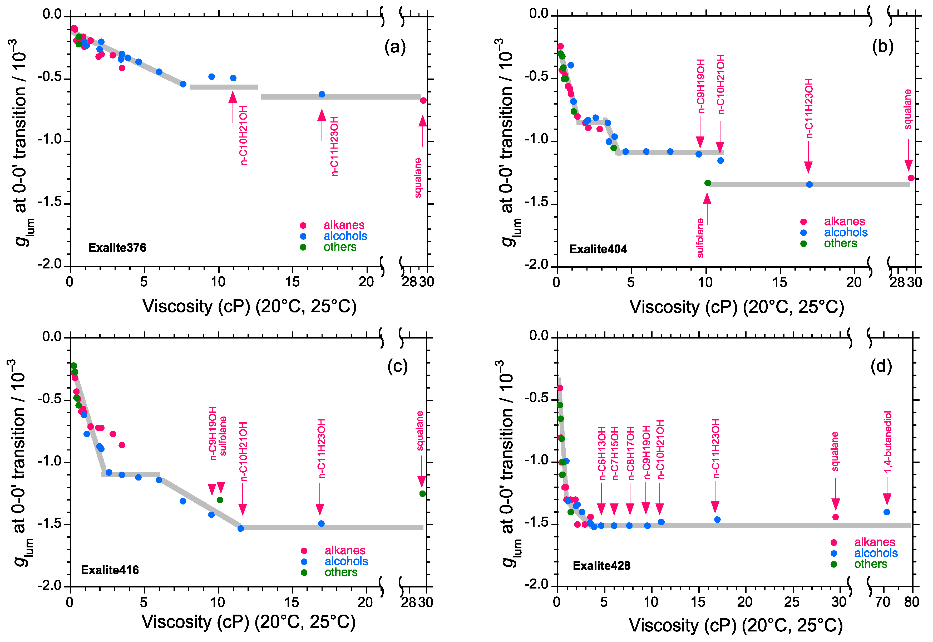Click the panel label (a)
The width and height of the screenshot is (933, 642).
point(395,47)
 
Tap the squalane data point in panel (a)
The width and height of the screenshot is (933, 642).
point(423,101)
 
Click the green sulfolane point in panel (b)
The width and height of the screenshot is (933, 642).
point(708,183)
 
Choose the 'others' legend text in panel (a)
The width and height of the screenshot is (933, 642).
point(340,247)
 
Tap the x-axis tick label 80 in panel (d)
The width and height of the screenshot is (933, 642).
point(912,602)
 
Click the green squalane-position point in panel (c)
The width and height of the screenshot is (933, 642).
point(422,494)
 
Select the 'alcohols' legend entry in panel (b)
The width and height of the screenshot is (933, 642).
point(845,233)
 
